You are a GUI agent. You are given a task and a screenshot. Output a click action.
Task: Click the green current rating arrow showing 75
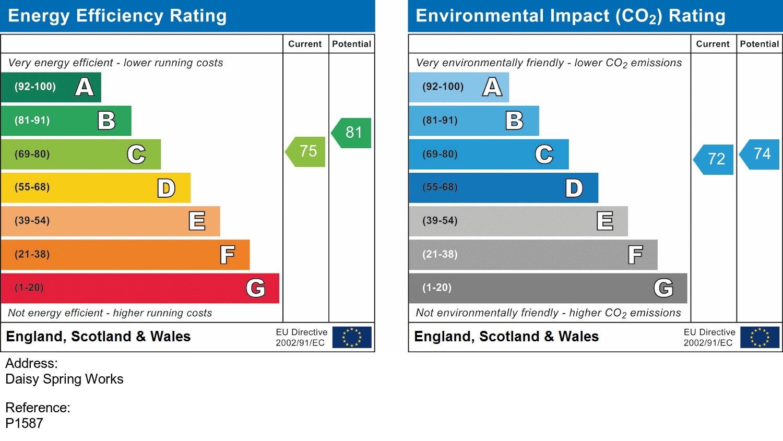tap(306, 152)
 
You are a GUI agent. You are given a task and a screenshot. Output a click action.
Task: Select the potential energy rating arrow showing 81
tap(352, 133)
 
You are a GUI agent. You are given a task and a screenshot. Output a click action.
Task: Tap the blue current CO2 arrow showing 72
tap(715, 159)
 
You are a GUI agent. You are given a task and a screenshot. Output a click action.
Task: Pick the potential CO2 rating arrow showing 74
tap(761, 154)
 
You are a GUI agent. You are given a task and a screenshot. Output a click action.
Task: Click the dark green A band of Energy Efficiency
tap(51, 87)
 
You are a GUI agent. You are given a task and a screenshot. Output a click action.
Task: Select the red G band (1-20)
tap(140, 288)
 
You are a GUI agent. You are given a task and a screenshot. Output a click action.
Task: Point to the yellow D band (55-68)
tap(96, 188)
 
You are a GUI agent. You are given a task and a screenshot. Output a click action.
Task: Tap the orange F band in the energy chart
tap(125, 255)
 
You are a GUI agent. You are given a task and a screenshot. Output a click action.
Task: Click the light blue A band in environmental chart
tap(458, 87)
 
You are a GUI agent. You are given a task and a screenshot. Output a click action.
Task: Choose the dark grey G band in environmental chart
tap(548, 288)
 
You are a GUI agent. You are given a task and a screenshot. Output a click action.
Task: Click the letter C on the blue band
tap(544, 154)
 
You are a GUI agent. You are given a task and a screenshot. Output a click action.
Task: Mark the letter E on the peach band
tap(197, 221)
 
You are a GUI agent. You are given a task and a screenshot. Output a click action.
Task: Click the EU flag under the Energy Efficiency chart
tap(352, 337)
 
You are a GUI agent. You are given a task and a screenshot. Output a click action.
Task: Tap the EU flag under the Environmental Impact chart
tap(760, 337)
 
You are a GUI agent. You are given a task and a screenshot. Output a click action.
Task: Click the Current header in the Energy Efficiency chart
tap(305, 44)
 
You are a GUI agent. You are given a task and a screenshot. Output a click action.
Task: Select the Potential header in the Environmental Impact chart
tap(759, 44)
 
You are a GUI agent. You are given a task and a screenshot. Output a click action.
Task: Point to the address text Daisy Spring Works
tap(64, 379)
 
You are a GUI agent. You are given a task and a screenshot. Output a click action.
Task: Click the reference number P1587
tap(25, 423)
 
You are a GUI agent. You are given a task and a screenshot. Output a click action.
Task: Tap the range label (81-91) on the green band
tap(32, 121)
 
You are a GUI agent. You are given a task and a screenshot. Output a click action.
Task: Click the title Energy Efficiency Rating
tap(117, 16)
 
